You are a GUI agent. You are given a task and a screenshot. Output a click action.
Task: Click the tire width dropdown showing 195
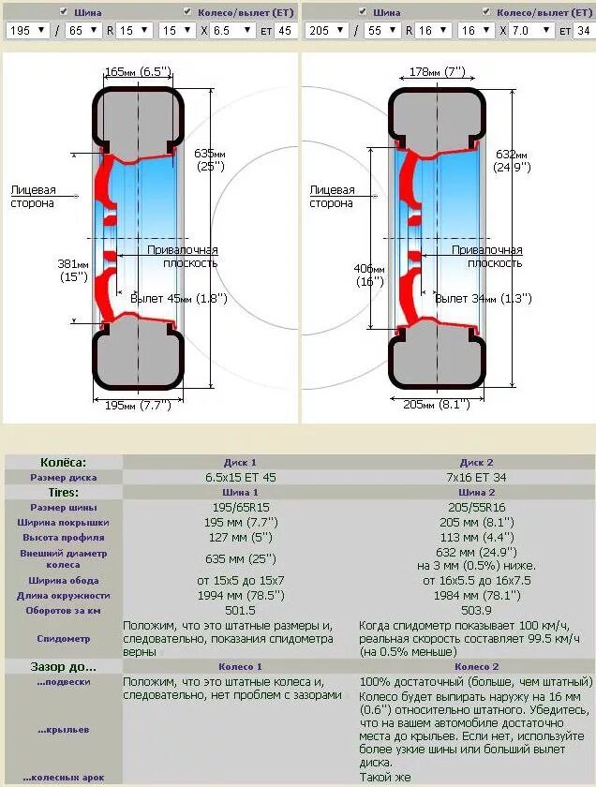25,30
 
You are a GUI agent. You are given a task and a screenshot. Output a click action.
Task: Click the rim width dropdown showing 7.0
533,30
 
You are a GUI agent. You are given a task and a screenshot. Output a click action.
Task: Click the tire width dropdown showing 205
324,30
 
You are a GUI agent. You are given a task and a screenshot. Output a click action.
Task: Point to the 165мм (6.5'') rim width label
138,71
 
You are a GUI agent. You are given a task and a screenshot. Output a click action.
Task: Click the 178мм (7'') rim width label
437,71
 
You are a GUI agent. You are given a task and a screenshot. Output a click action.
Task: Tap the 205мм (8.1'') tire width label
437,406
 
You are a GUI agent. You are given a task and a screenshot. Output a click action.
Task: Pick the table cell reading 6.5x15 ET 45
240,478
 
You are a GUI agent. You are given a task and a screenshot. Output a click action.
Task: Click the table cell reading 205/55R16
477,508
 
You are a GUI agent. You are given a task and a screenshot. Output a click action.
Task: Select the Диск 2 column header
477,463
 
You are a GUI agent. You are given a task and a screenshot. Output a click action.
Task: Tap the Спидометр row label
63,639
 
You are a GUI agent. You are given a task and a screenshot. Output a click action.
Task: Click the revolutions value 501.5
240,611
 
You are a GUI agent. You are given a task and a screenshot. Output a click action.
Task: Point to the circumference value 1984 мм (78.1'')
477,596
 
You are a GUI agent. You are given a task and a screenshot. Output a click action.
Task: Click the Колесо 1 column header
240,667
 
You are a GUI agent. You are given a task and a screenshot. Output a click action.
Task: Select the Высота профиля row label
63,538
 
